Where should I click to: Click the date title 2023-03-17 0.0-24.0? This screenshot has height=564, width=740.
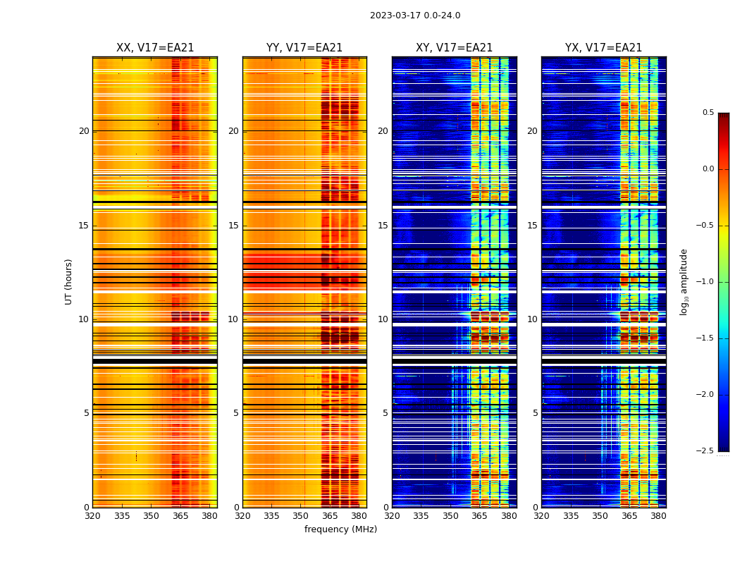coord(415,16)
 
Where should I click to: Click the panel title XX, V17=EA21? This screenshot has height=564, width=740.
coord(155,48)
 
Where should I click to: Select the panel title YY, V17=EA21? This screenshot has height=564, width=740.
coord(304,48)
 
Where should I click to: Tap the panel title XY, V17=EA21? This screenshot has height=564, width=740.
coord(455,48)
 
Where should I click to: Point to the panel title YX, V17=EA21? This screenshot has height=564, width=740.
coord(604,48)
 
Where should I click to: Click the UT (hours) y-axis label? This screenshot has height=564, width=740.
coord(69,281)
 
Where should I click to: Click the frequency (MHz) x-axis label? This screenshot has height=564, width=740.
coord(340,529)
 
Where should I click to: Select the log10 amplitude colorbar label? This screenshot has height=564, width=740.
coord(684,281)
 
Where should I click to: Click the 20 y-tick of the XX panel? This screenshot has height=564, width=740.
coord(84,131)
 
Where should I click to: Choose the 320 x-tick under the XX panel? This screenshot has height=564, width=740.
coord(92,516)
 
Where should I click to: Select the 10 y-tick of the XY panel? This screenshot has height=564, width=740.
coord(383,319)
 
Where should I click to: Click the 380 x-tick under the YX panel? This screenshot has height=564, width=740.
coord(658,516)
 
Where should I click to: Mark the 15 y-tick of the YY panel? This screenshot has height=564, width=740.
coord(233,226)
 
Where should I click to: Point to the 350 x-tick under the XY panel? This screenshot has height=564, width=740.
coord(450,516)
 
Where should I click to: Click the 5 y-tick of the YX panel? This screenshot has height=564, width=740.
coord(535,413)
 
